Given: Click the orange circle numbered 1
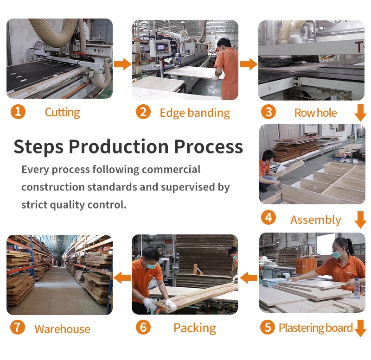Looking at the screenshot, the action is [18, 112].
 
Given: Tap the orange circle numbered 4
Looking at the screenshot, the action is [269, 217].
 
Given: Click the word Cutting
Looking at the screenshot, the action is [63, 113].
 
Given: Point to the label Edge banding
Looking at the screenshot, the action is [195, 113].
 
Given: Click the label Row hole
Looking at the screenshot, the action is [315, 113].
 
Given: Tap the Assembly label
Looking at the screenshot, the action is [316, 220].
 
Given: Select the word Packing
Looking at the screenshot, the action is [195, 328].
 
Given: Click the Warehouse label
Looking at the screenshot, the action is [62, 329].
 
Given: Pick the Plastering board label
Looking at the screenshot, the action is [316, 328].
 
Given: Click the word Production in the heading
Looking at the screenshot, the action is [119, 146].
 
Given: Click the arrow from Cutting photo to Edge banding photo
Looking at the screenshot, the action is [122, 64].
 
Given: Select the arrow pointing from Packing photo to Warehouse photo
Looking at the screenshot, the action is [122, 278].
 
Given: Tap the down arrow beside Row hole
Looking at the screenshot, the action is [361, 113].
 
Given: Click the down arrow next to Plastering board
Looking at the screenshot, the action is [361, 328].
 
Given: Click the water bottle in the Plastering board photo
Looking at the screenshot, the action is [357, 289].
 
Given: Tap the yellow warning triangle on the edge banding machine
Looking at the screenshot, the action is [184, 34].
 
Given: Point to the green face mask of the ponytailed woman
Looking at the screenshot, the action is [338, 254].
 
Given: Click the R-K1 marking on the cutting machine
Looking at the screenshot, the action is [98, 51].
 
